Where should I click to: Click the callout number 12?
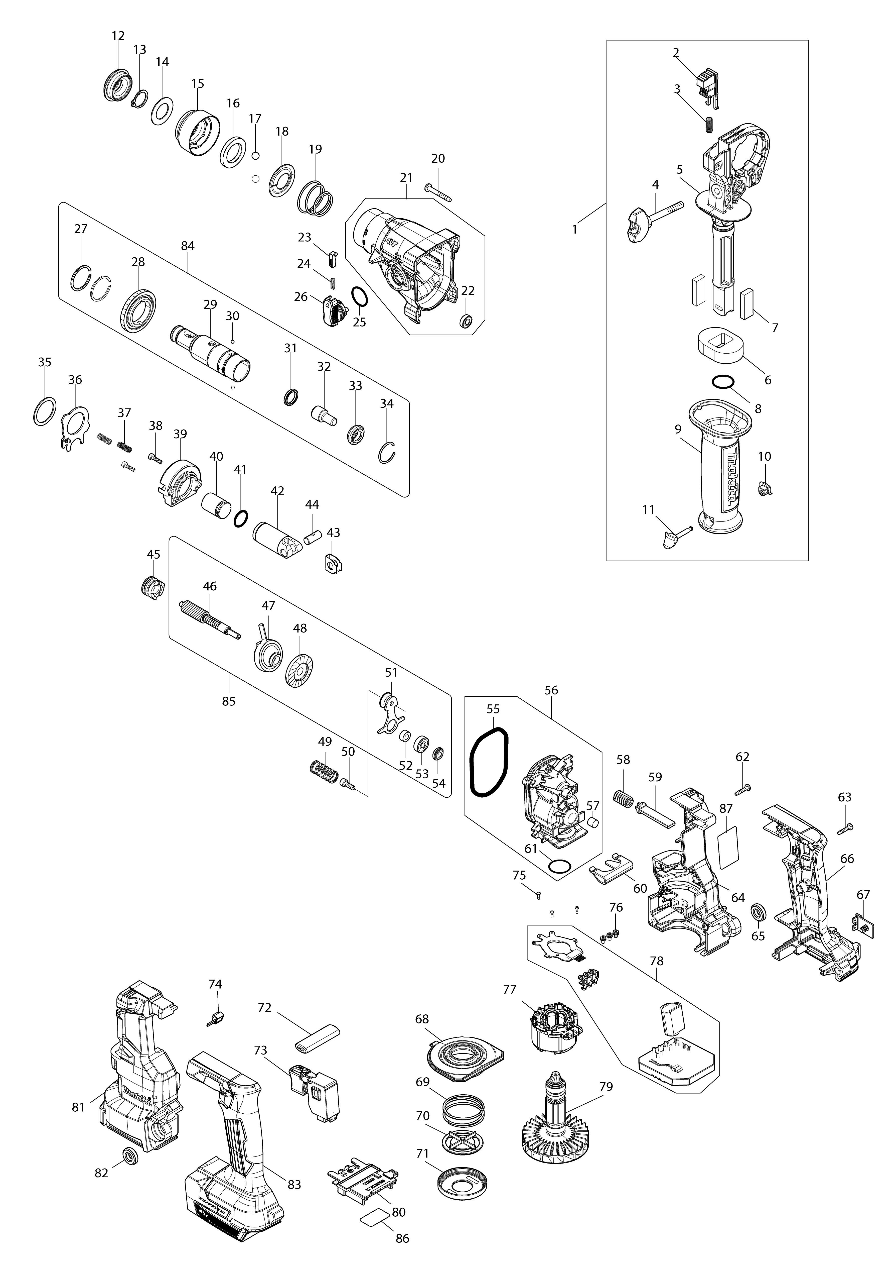point(118,36)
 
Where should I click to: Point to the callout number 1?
point(575,229)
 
